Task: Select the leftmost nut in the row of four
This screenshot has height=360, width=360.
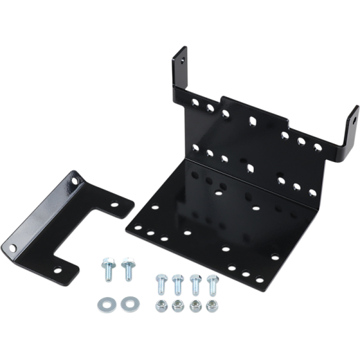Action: pos(161,307)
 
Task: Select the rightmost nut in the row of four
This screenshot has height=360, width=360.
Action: pos(212,307)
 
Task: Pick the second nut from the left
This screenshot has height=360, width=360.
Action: pos(178,307)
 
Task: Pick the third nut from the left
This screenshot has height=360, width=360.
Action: pos(195,307)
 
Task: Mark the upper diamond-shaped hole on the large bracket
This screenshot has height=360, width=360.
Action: pos(253,121)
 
